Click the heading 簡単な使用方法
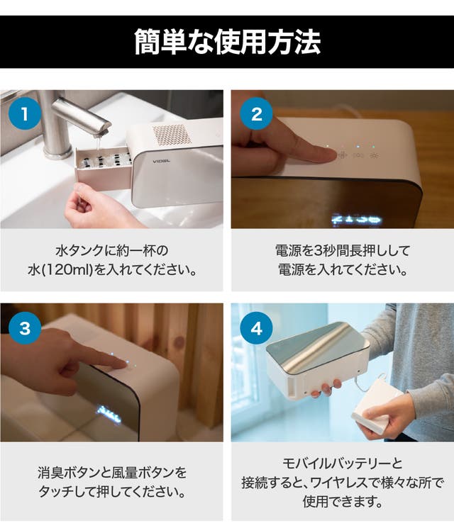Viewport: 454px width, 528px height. pos(227,42)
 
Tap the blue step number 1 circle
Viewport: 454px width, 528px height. pos(25,114)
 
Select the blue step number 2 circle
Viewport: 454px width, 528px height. pos(256,114)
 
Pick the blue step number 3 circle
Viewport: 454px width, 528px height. pos(25,327)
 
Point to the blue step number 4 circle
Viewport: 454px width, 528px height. pos(256,327)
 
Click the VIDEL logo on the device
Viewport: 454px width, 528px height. pos(162,162)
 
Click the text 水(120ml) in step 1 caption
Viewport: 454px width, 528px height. pos(60,270)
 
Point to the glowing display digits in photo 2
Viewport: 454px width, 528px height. pos(356,220)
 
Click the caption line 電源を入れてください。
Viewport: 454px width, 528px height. pos(343,270)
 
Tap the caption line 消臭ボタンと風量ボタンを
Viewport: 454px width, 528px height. pos(112,473)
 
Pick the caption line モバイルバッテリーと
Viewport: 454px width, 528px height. pos(343,464)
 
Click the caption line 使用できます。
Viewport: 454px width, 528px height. pos(343,501)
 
